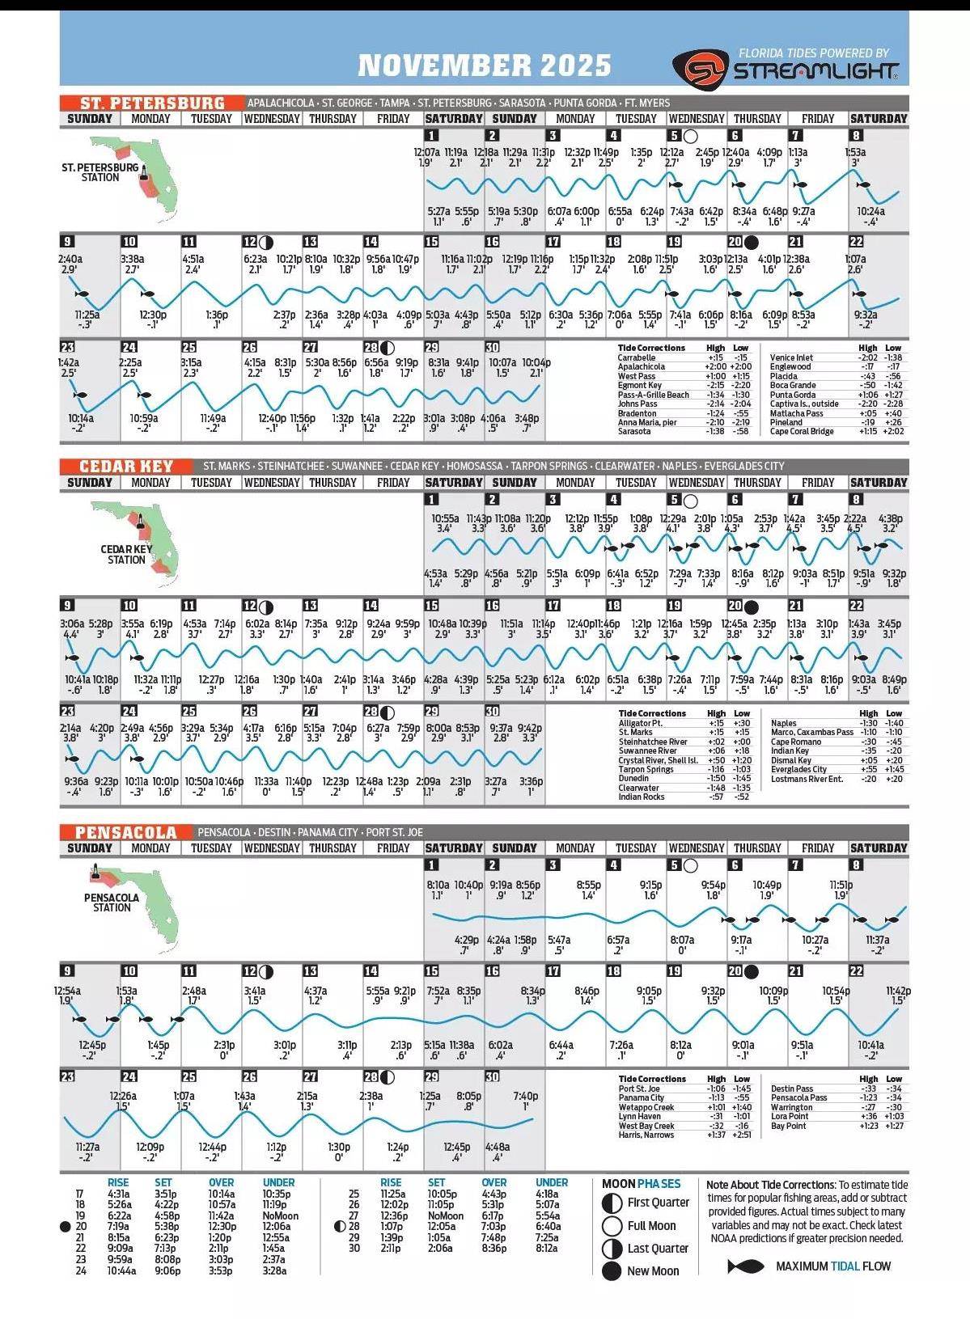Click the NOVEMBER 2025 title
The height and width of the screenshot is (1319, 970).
point(484,65)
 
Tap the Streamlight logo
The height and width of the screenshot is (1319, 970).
point(785,68)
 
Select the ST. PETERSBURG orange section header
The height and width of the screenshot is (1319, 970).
point(152,103)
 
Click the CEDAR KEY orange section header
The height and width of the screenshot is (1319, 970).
point(126,467)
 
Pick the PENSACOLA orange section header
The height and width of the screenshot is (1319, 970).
point(126,832)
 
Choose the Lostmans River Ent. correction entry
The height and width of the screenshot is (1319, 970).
point(807,779)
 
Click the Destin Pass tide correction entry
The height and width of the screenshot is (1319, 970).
point(792,1089)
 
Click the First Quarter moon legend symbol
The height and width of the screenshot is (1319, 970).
point(612,1203)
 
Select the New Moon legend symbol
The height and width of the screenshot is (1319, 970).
point(612,1271)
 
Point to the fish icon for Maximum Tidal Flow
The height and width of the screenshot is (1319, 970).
point(746,1266)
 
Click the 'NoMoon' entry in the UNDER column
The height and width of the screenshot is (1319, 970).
point(280,1215)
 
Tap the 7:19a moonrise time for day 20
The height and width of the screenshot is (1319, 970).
point(118,1227)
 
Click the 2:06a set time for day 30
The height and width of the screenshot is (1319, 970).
point(439,1249)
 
